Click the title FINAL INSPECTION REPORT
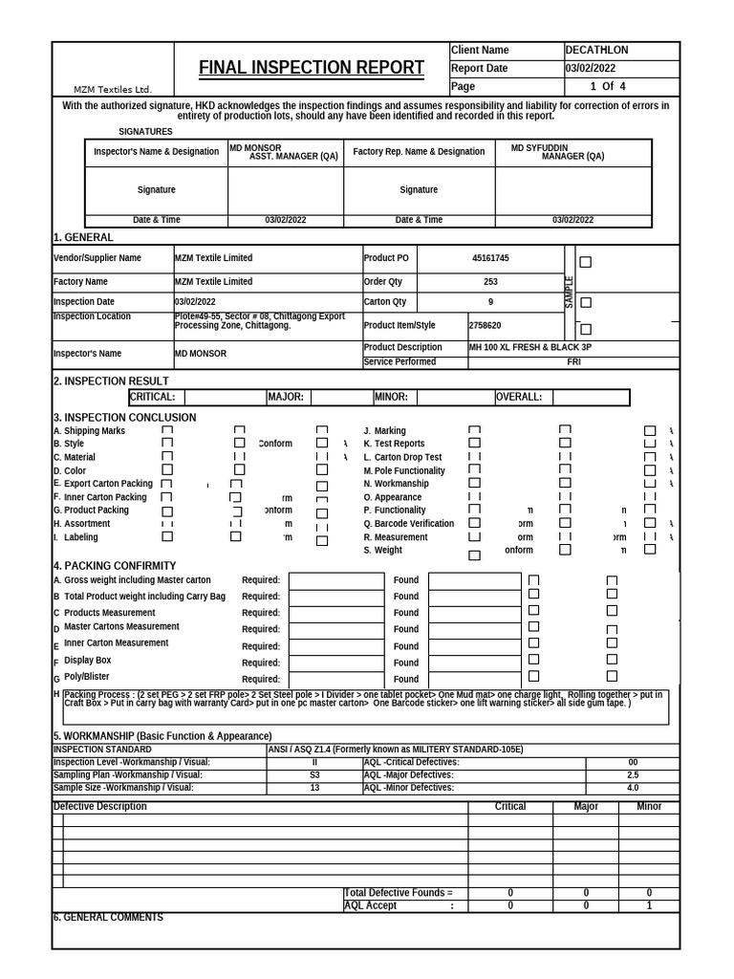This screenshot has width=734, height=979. tap(312, 68)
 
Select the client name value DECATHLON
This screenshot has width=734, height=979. tap(596, 50)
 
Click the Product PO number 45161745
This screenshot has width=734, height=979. tap(490, 258)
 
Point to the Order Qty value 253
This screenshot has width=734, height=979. tap(490, 282)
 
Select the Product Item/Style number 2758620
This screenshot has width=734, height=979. tap(485, 325)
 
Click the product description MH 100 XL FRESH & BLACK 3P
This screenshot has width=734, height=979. tap(529, 347)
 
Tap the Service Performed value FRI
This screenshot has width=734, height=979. tap(573, 362)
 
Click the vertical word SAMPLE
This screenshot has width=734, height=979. tap(570, 293)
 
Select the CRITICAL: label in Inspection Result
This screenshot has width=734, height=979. tap(152, 397)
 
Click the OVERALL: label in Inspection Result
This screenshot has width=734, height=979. tap(519, 397)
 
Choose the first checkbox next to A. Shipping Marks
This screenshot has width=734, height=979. tap(167, 431)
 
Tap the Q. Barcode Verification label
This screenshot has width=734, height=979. tap(408, 524)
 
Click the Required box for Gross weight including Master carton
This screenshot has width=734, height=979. tap(336, 580)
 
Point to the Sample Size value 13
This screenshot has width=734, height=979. tap(315, 788)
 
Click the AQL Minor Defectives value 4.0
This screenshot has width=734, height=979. tap(633, 788)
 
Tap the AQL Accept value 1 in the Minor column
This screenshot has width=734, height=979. tap(649, 905)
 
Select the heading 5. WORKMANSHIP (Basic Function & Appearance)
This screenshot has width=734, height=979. tap(162, 736)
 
